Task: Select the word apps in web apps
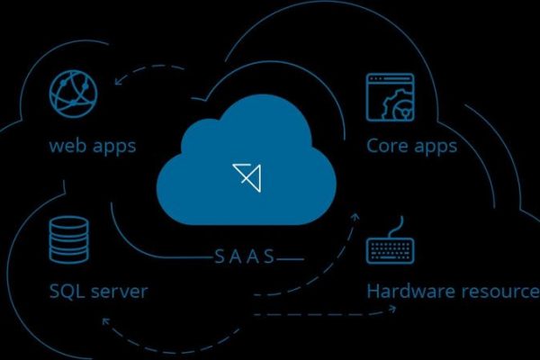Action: [115, 145]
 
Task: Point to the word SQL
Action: [67, 292]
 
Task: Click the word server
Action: [121, 292]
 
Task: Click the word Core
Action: [386, 145]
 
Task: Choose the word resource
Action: [500, 292]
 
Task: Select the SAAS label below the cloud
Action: [246, 256]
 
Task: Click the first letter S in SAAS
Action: [220, 256]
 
